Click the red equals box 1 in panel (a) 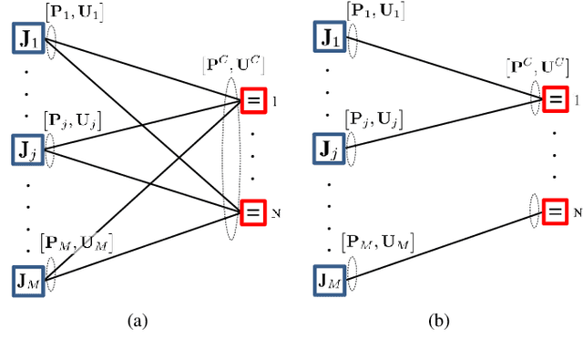pyautogui.click(x=254, y=99)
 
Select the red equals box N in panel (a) pyautogui.click(x=254, y=211)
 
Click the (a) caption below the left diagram pyautogui.click(x=138, y=320)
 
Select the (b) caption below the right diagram pyautogui.click(x=439, y=320)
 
